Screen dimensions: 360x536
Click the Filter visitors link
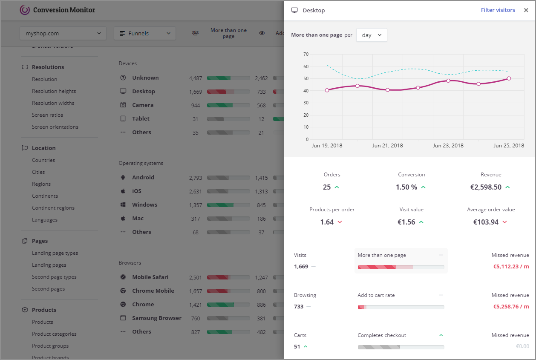click(498, 10)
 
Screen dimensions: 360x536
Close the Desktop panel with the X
click(526, 10)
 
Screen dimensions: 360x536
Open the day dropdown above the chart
click(372, 35)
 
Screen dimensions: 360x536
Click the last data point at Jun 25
click(509, 78)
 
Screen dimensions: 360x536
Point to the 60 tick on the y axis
click(305, 66)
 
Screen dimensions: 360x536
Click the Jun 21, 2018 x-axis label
click(387, 146)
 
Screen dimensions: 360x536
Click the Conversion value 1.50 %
click(406, 187)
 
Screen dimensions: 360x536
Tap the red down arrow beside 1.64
click(340, 222)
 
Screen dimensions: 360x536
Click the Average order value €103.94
click(486, 222)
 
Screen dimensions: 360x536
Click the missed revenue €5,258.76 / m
click(511, 306)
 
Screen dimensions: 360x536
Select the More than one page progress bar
click(401, 267)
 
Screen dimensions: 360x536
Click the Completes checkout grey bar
click(401, 347)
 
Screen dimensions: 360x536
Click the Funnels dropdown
click(145, 33)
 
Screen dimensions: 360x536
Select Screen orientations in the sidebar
click(55, 127)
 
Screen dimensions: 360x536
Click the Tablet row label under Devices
click(141, 119)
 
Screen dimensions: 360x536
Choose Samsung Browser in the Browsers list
click(156, 318)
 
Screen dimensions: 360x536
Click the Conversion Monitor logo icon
click(25, 10)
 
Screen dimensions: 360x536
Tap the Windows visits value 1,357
click(196, 205)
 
